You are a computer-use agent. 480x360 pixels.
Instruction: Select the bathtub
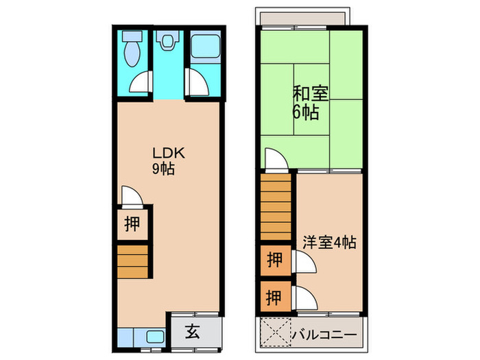point(204,46)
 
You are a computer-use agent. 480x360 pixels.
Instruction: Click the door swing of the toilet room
point(139,83)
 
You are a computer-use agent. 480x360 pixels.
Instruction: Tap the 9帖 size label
point(163,168)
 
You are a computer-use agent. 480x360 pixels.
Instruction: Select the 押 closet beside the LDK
point(132,222)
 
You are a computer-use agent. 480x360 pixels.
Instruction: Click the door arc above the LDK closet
point(132,195)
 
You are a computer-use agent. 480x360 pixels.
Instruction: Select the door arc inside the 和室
point(275,160)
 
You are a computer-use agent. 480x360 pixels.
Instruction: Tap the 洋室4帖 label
point(329,242)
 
